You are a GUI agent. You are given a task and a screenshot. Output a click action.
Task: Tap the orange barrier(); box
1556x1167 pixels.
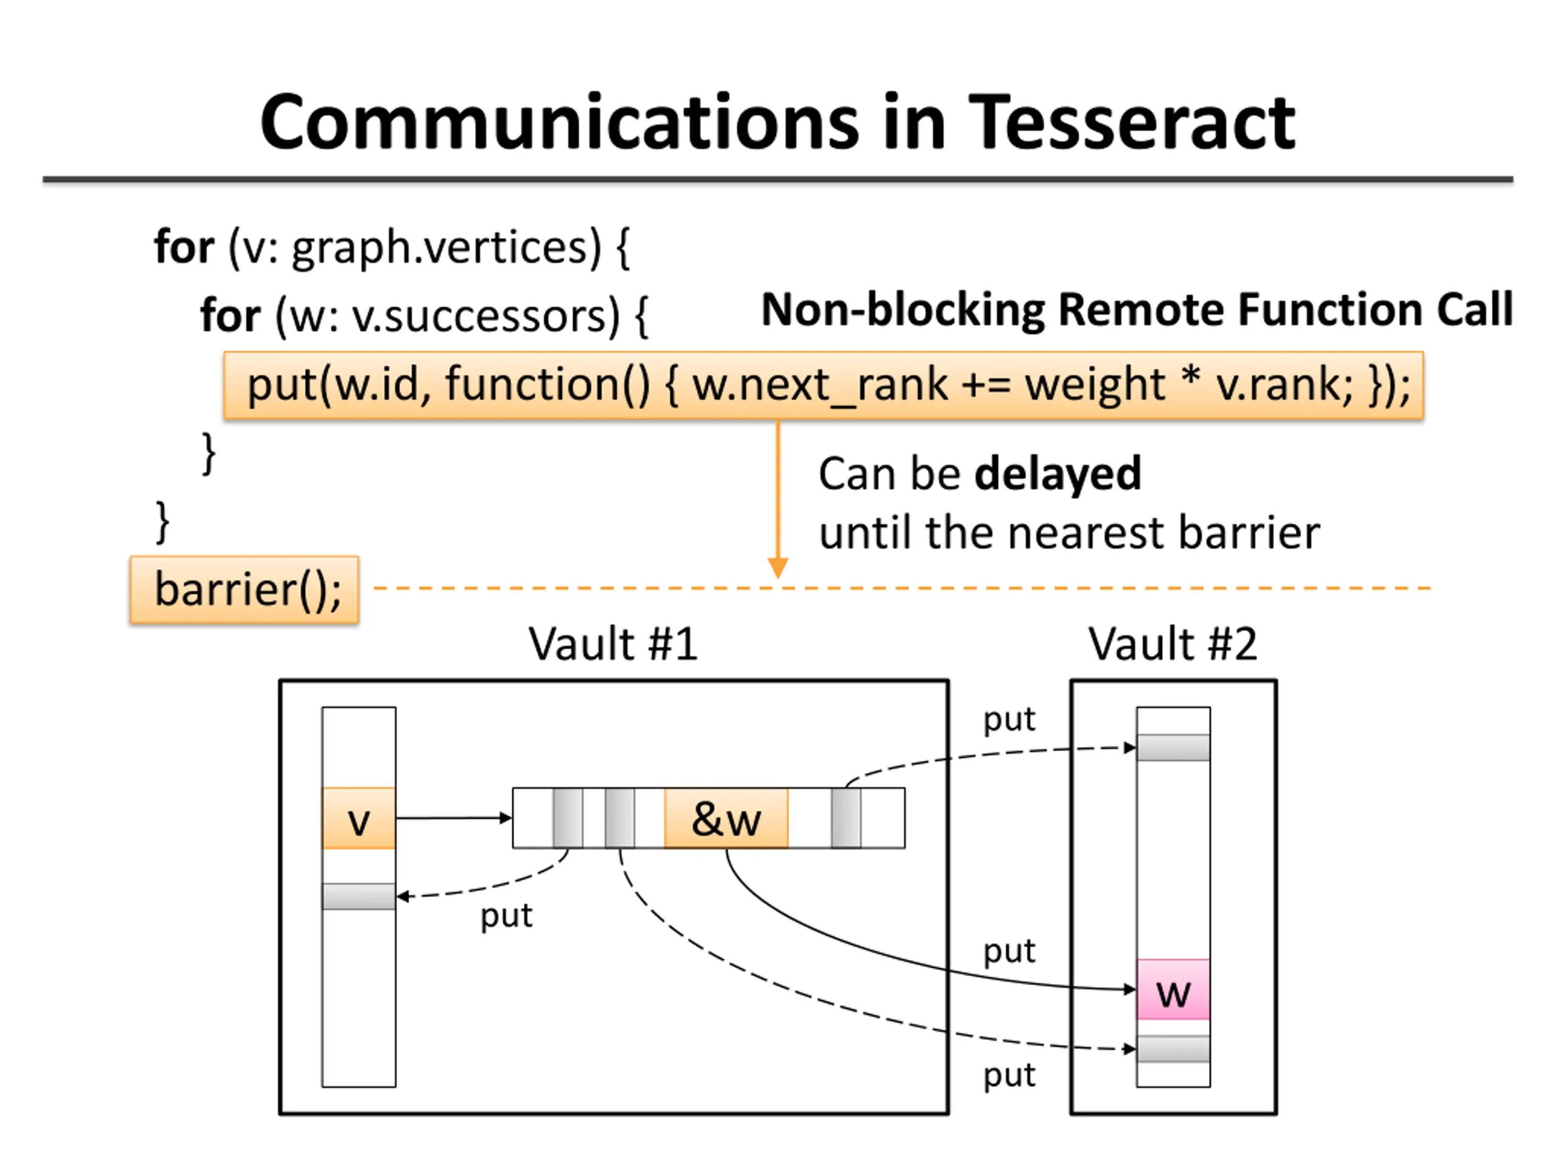tap(244, 590)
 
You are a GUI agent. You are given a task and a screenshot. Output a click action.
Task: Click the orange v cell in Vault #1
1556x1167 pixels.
tap(359, 818)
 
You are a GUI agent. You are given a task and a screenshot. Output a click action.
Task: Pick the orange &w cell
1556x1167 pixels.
tap(726, 818)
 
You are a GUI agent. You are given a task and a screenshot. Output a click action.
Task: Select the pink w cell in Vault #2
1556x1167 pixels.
tap(1173, 989)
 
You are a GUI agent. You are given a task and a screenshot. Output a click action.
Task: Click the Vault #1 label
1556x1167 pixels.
tap(613, 644)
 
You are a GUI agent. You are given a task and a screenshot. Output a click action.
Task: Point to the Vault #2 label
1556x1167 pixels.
tap(1172, 644)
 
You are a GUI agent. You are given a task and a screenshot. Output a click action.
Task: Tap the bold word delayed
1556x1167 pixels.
tap(1058, 473)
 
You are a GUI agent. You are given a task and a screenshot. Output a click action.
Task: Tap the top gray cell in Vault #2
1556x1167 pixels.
tap(1173, 748)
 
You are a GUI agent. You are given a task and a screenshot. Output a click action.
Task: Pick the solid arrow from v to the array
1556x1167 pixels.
tap(453, 818)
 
